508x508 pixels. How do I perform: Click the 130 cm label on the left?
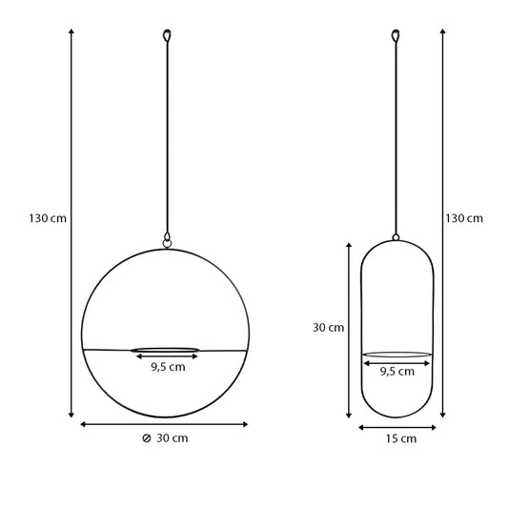click(48, 218)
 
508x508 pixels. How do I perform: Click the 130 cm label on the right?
click(464, 218)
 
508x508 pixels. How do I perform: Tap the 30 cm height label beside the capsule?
click(328, 328)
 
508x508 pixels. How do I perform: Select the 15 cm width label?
click(400, 438)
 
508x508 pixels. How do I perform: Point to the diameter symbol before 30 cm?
click(147, 438)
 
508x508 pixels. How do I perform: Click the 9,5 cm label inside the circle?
click(168, 367)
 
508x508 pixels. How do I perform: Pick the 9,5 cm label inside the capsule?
click(397, 372)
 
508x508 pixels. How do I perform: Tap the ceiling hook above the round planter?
click(167, 35)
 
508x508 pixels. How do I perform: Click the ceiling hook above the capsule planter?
click(396, 35)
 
